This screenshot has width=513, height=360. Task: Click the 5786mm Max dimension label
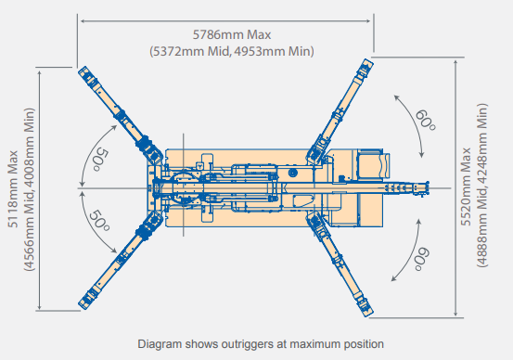coord(232,34)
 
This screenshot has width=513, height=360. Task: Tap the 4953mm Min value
coord(272,51)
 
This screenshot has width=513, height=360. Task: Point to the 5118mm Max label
coord(13,189)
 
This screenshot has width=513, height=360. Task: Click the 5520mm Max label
coord(466,186)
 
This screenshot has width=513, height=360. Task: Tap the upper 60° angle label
coord(425,121)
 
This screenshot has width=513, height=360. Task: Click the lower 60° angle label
coord(422,259)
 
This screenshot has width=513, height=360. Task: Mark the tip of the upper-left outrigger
coord(83,71)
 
